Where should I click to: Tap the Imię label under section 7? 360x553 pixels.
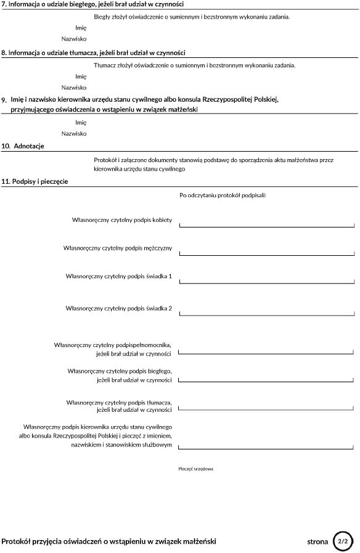(81, 28)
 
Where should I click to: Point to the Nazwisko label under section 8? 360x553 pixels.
(74, 88)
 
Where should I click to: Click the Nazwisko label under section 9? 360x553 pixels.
(74, 133)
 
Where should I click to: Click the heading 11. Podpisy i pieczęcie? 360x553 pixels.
(35, 181)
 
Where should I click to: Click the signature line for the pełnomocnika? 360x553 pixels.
(266, 353)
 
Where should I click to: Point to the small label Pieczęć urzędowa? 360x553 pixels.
(195, 469)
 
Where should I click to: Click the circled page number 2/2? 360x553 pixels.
(343, 541)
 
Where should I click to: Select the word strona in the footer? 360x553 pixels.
(317, 542)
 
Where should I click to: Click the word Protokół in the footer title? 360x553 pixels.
(17, 541)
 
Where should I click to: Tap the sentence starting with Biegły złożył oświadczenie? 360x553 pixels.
(192, 17)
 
